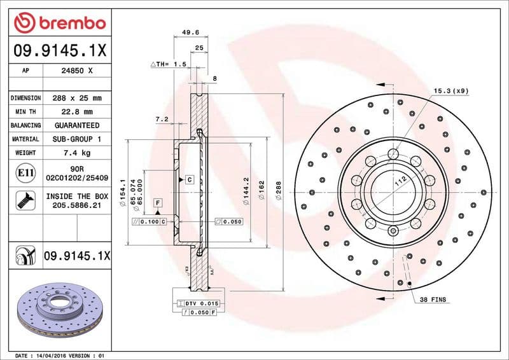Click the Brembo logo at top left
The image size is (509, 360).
pyautogui.click(x=59, y=23)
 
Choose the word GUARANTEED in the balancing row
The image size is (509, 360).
pyautogui.click(x=77, y=125)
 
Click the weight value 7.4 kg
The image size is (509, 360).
pyautogui.click(x=77, y=153)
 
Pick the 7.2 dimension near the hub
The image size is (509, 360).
pyautogui.click(x=161, y=119)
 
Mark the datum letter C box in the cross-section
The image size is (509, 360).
pyautogui.click(x=189, y=180)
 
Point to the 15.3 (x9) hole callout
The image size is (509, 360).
pyautogui.click(x=451, y=91)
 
